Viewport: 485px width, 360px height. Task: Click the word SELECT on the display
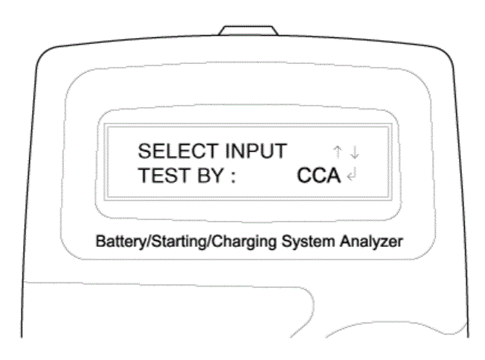coord(179,151)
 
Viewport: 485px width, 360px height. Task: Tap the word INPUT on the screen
coord(255,151)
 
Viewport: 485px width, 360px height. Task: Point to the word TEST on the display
coord(164,176)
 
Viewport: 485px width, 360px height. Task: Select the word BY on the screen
coord(211,176)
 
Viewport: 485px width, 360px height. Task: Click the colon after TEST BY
coord(234,177)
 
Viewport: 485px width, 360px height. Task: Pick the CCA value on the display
coord(318,176)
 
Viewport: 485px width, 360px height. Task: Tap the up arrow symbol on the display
coord(338,152)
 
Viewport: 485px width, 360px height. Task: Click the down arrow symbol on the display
coord(355,152)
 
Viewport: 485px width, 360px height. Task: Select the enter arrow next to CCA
coord(352,175)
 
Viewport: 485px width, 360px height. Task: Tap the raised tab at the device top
coord(248,30)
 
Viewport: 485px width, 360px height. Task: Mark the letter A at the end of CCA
coord(333,176)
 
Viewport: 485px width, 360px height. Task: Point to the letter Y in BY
coord(217,176)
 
